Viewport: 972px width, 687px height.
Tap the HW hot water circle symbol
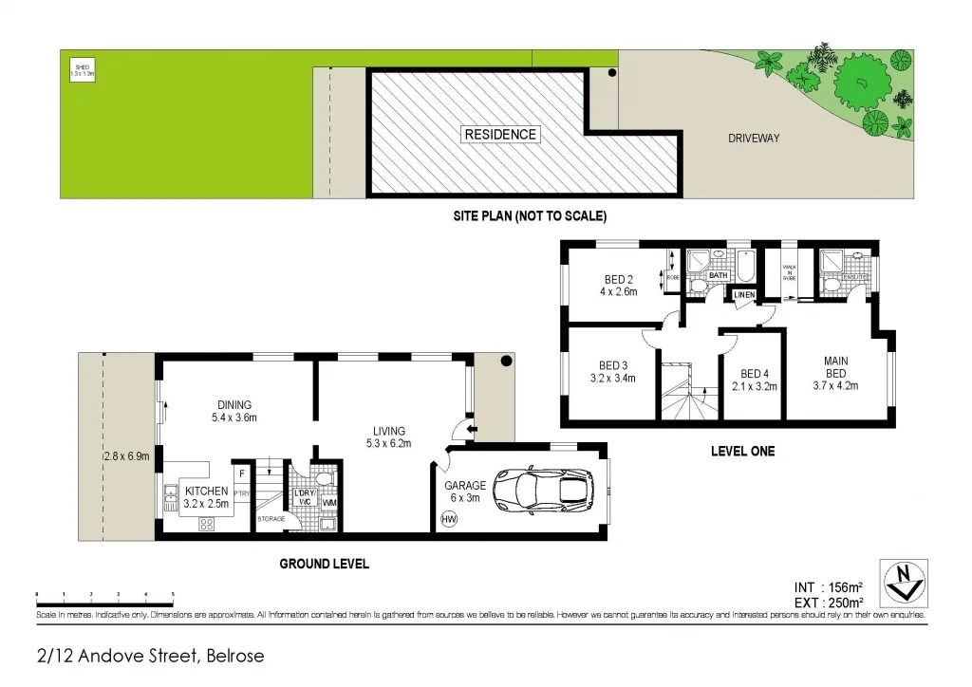pyautogui.click(x=449, y=520)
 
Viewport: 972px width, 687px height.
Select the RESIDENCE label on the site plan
pyautogui.click(x=500, y=135)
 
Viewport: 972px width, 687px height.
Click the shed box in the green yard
pyautogui.click(x=82, y=70)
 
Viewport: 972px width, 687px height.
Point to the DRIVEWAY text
pyautogui.click(x=753, y=139)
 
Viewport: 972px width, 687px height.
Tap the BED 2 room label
pyautogui.click(x=618, y=279)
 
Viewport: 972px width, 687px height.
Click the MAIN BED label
pyautogui.click(x=835, y=366)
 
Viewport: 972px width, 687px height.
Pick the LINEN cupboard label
pyautogui.click(x=744, y=295)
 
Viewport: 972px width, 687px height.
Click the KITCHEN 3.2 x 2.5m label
pyautogui.click(x=207, y=497)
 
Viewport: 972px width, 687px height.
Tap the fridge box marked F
pyautogui.click(x=243, y=472)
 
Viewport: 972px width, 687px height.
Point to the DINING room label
pyautogui.click(x=234, y=410)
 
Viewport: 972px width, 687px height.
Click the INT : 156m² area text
pyautogui.click(x=828, y=586)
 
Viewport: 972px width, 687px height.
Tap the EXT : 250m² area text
pyautogui.click(x=828, y=602)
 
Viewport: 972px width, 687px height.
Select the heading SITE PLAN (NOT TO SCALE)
pyautogui.click(x=529, y=216)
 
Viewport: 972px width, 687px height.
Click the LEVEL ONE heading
pyautogui.click(x=742, y=452)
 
